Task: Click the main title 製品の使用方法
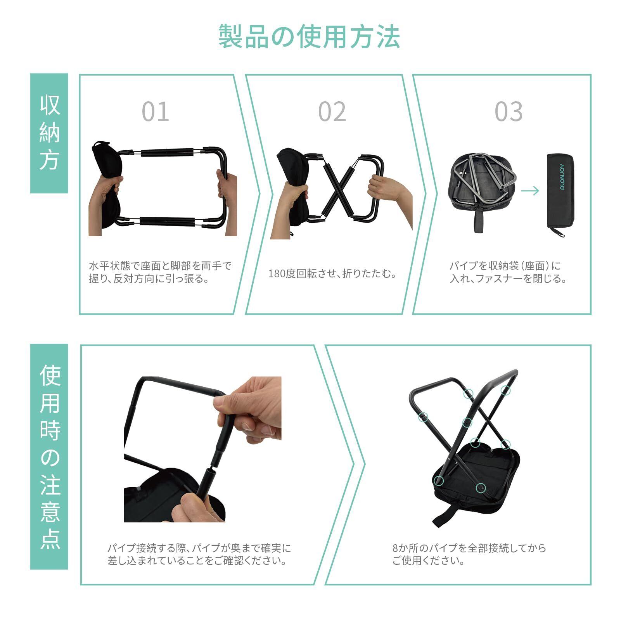point(309,36)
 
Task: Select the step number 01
point(156,112)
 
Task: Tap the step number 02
point(332,112)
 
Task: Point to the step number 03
point(509,112)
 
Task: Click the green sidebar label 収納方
point(49,133)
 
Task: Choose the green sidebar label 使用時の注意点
point(49,457)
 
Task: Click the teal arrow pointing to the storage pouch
point(530,190)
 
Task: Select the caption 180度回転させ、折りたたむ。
point(332,273)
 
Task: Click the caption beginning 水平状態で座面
point(160,272)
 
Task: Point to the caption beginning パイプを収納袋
point(508,272)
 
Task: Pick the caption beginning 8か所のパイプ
point(469,554)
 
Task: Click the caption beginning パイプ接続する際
point(199,554)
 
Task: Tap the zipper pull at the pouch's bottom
point(560,232)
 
